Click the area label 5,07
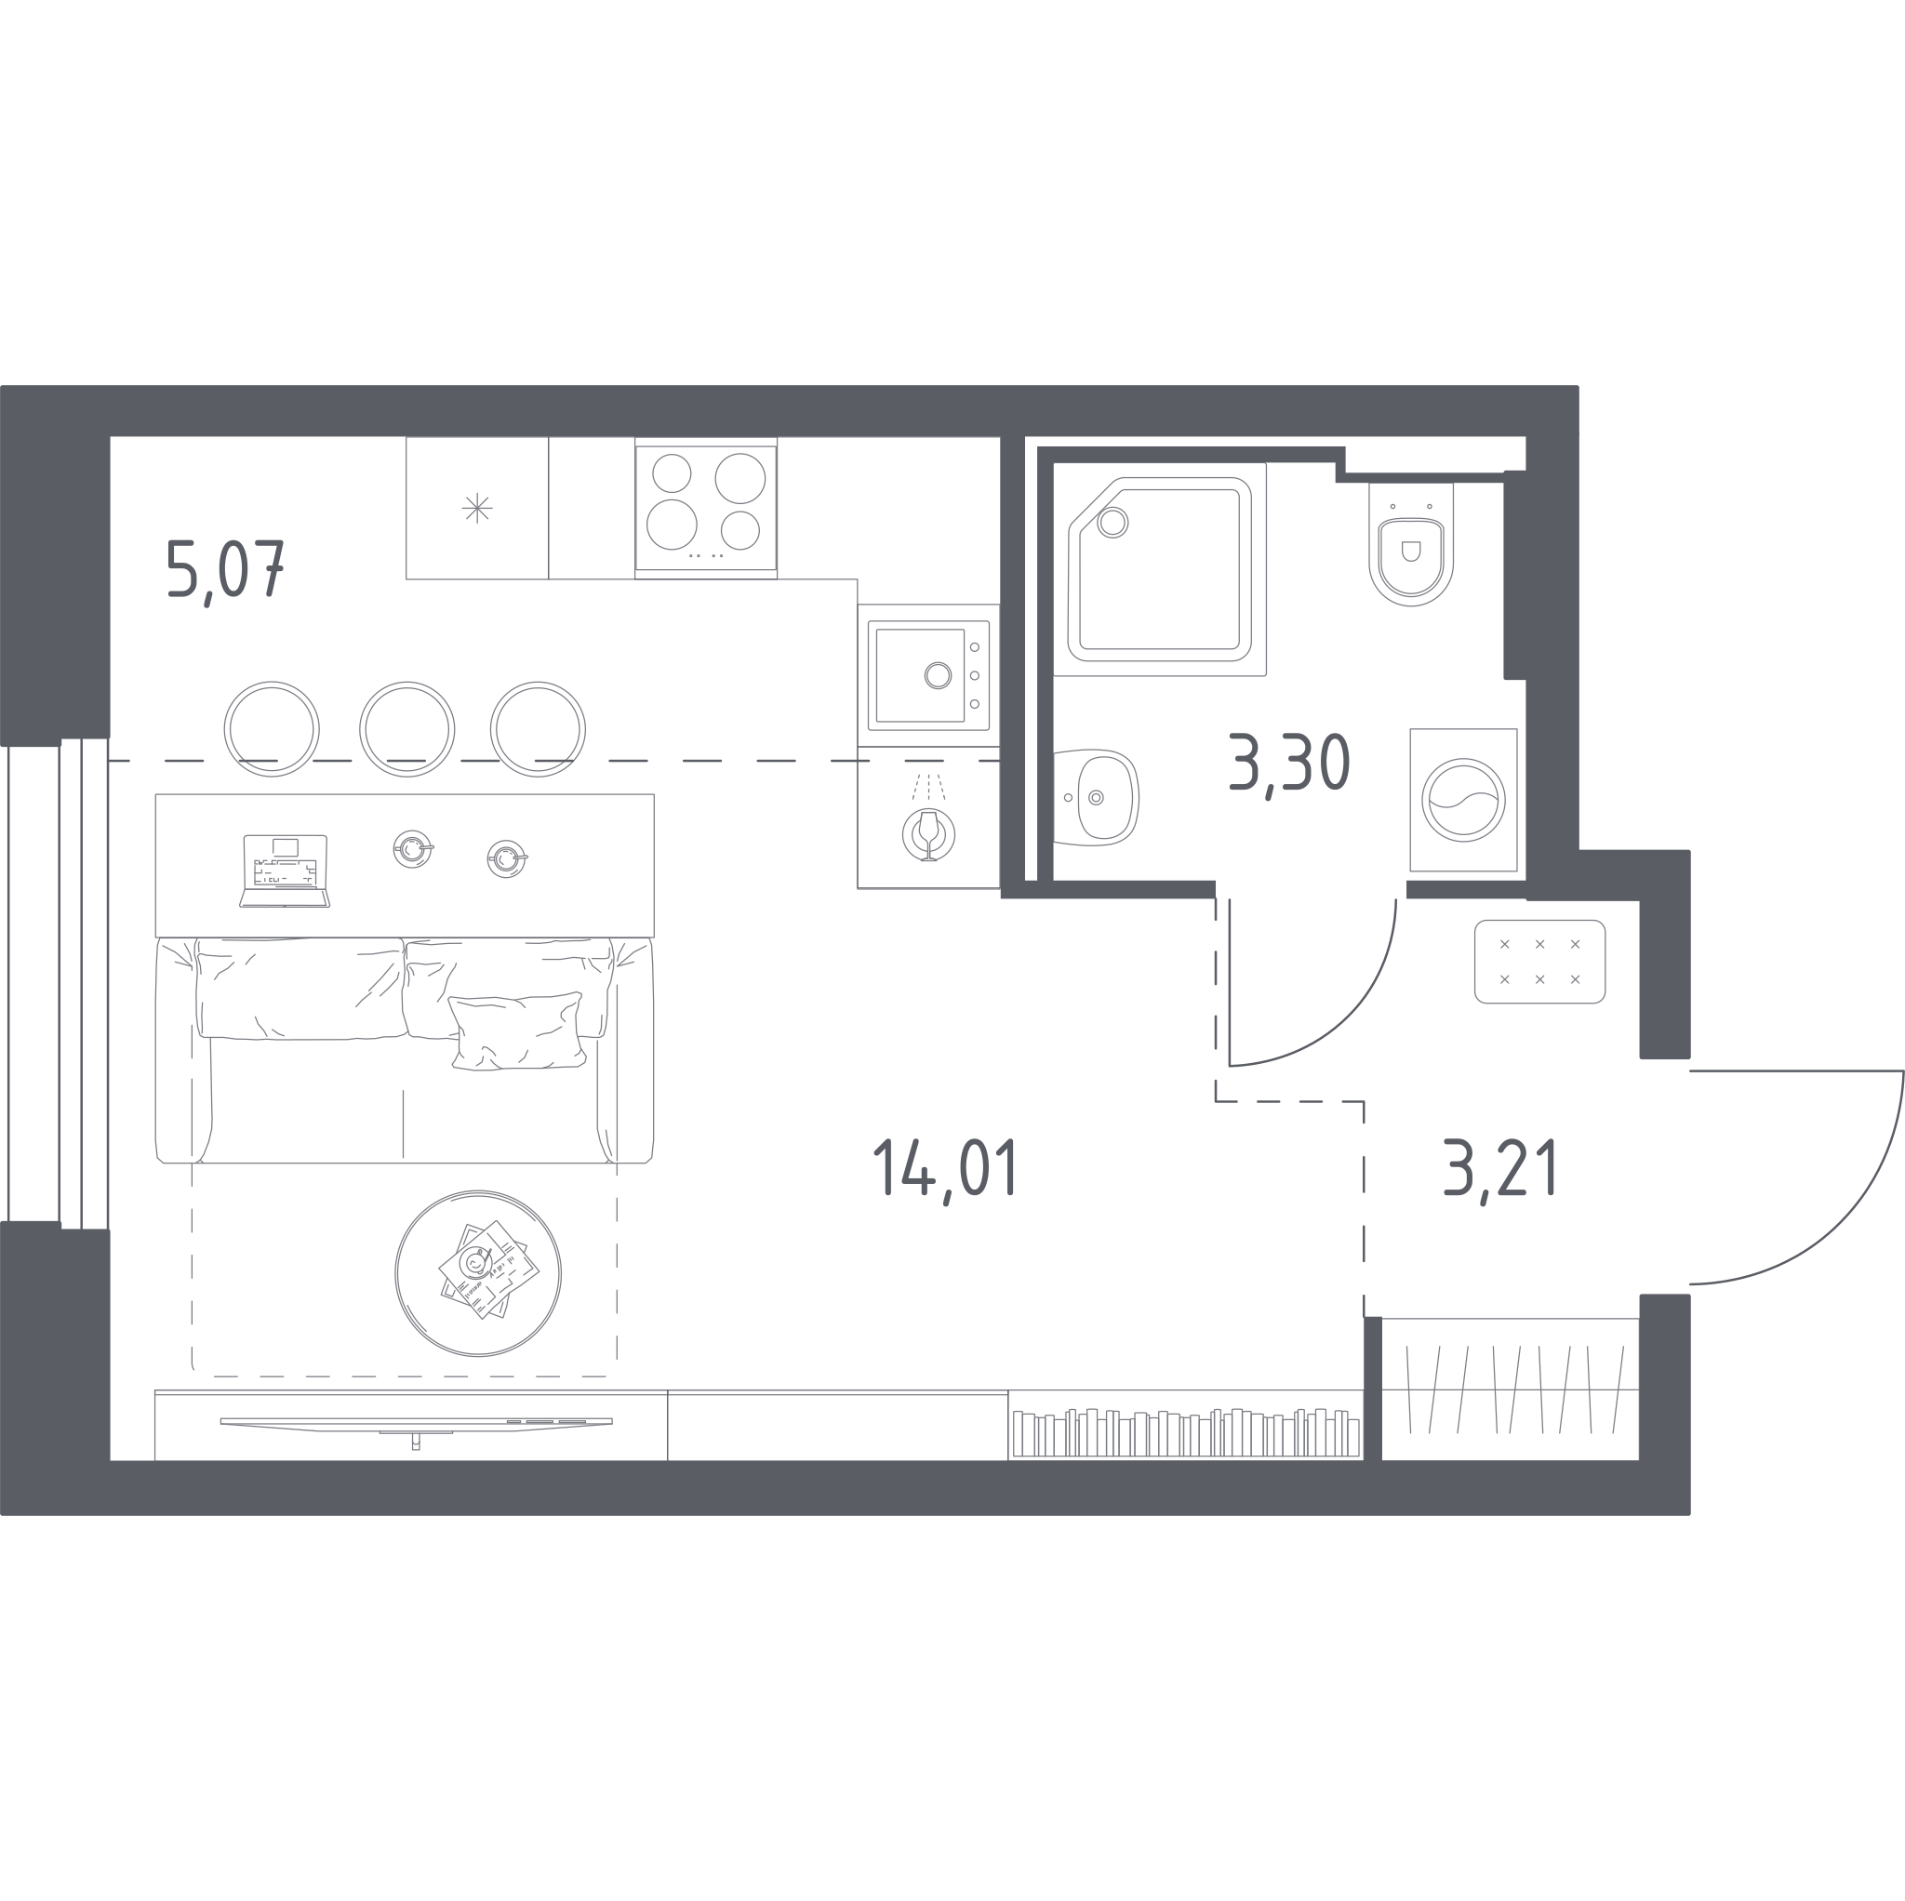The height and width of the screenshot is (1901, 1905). tap(226, 571)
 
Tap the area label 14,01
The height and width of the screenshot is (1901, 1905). tap(946, 1169)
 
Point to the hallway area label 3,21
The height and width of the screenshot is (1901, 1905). tap(1499, 1168)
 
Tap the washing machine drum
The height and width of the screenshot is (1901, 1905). tap(1463, 800)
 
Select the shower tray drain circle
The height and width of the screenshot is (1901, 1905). tap(1112, 523)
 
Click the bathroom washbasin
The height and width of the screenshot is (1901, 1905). tap(1098, 798)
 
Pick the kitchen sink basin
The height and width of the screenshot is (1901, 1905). tap(920, 675)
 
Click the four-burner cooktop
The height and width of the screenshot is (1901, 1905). tap(706, 508)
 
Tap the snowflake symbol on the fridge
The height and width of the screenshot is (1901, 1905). tap(477, 508)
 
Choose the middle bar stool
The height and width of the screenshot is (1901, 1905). tap(407, 730)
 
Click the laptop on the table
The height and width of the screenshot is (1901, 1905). tap(285, 871)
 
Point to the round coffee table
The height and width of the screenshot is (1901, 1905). tap(478, 1273)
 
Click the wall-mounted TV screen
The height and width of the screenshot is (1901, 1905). tap(416, 1422)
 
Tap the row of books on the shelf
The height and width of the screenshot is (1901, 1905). tap(1186, 1432)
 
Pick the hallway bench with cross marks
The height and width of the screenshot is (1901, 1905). tap(1540, 962)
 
